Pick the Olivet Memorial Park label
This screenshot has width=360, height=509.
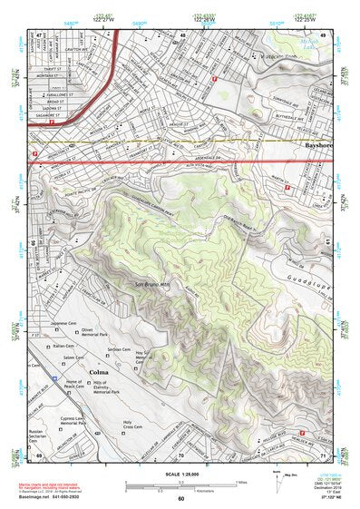click(94, 335)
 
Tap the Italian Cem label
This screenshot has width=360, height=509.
click(63, 346)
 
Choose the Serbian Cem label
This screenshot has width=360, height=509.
click(120, 348)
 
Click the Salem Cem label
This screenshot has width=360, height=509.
click(62, 358)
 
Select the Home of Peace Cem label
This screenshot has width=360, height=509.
click(69, 384)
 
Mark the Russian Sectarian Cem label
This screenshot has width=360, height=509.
click(36, 436)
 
